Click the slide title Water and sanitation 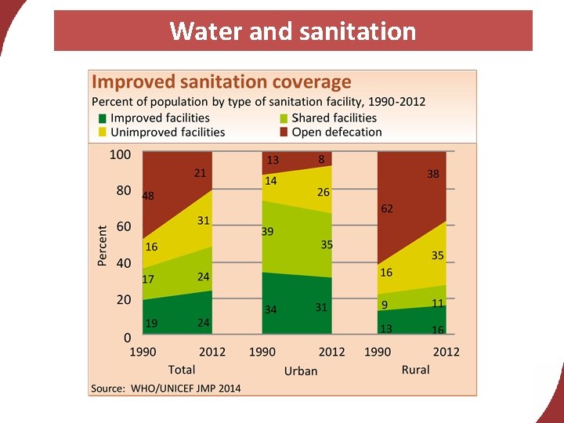click(x=292, y=31)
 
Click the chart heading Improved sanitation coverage click(x=222, y=82)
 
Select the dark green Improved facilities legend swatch click(x=102, y=118)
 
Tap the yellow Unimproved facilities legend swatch click(x=102, y=132)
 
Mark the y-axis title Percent click(x=103, y=246)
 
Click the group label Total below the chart click(x=182, y=369)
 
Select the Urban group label click(x=301, y=371)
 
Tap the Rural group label click(x=415, y=369)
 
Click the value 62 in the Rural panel click(x=387, y=209)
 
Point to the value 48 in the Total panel click(x=147, y=196)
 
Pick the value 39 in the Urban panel click(x=267, y=232)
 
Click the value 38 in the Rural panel click(x=433, y=175)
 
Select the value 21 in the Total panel click(x=201, y=173)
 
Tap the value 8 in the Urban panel click(x=321, y=159)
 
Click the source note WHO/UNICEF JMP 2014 click(x=166, y=389)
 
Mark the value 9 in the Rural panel click(x=385, y=304)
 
